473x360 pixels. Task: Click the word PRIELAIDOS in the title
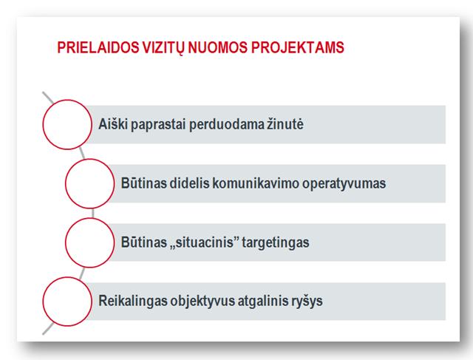[98, 47]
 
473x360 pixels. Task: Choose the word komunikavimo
[256, 183]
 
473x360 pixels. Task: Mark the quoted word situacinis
[205, 242]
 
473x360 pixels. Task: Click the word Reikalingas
[133, 301]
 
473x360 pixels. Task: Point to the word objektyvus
[203, 301]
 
